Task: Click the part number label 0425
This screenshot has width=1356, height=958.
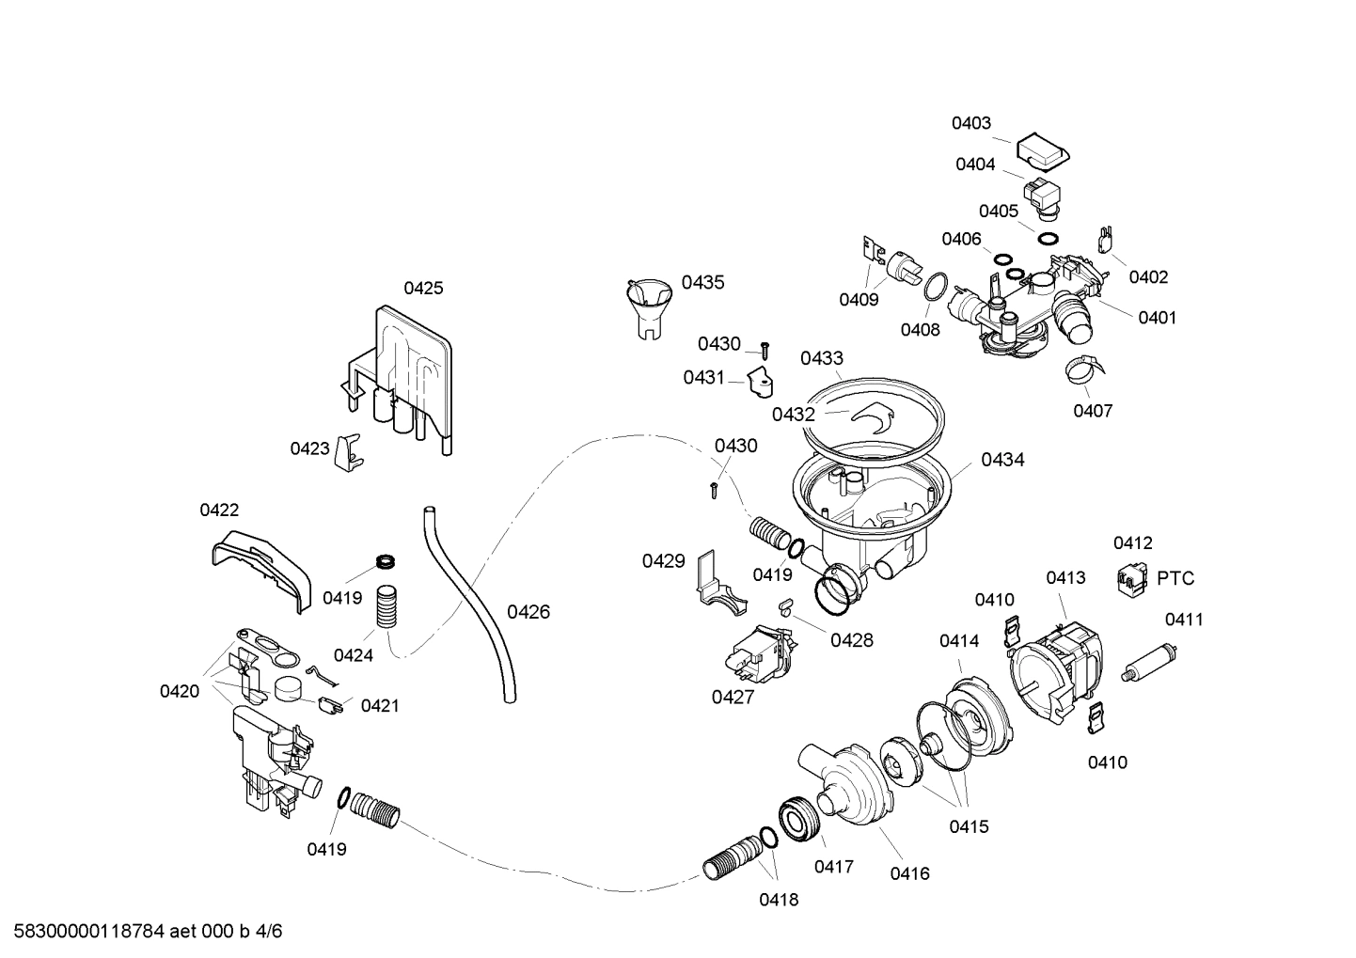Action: [423, 289]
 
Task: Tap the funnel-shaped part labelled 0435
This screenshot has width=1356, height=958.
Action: [649, 303]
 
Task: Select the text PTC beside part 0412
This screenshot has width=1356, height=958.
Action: [1175, 578]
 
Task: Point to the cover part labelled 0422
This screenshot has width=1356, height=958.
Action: [260, 565]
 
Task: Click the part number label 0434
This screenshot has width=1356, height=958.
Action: [1002, 460]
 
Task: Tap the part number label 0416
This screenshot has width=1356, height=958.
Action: [909, 873]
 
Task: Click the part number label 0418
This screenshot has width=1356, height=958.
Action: [779, 900]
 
